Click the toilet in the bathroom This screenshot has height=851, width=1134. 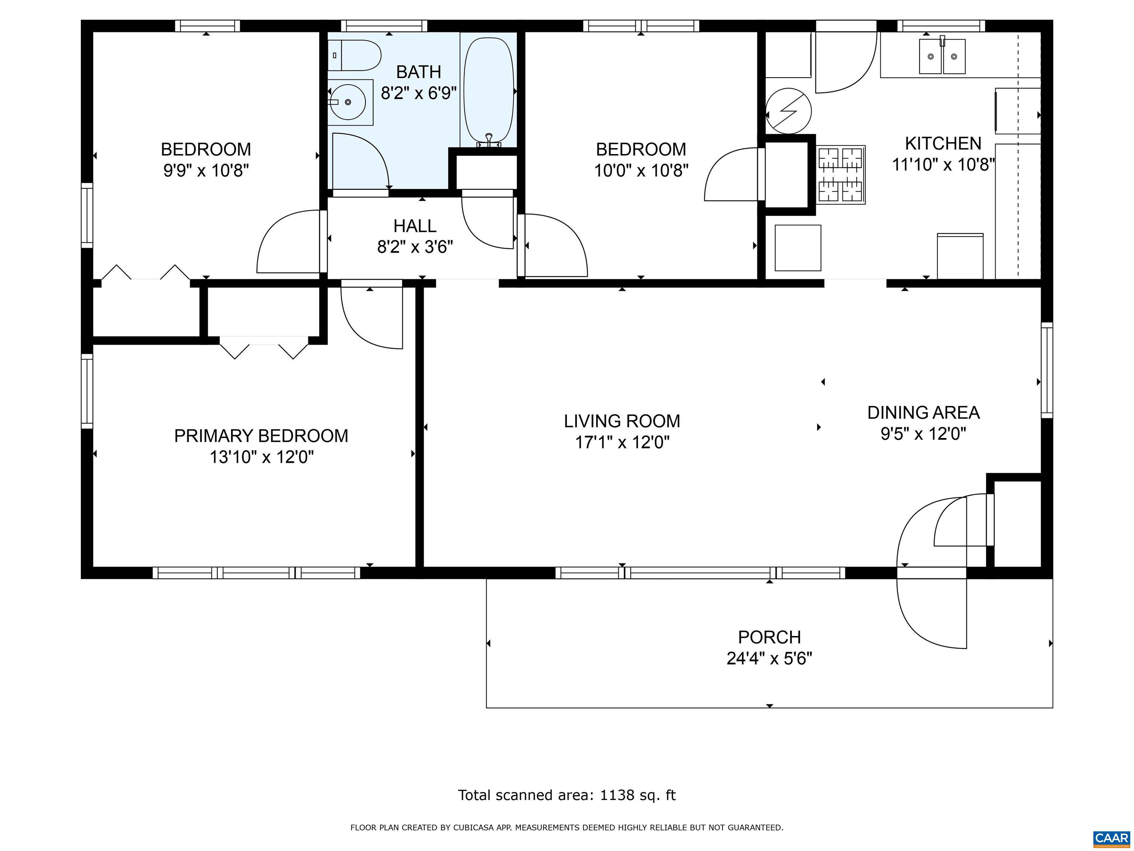point(354,55)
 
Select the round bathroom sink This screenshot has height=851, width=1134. point(348,102)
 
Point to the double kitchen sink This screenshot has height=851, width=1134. point(942,57)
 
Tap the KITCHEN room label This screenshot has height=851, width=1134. point(943,143)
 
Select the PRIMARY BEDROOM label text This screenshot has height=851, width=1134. point(261,435)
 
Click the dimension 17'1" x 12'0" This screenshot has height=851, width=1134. point(622,442)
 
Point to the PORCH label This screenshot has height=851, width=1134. point(770,637)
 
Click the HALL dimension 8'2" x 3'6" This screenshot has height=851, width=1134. point(415,247)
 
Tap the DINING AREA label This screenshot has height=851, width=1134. point(923,413)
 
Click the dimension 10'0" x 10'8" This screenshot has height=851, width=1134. point(641,170)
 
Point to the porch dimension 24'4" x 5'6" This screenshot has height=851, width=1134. point(770,658)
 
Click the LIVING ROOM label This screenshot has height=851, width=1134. point(622,421)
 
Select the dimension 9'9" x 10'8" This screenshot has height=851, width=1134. point(206,170)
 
